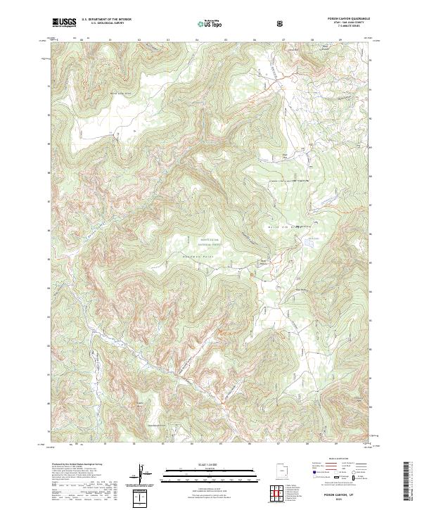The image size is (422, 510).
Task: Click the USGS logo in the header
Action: point(64,23)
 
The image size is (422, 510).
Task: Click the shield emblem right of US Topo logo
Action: point(281,23)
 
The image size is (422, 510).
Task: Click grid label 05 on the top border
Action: point(225,40)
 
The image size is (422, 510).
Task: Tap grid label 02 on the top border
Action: point(139,40)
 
